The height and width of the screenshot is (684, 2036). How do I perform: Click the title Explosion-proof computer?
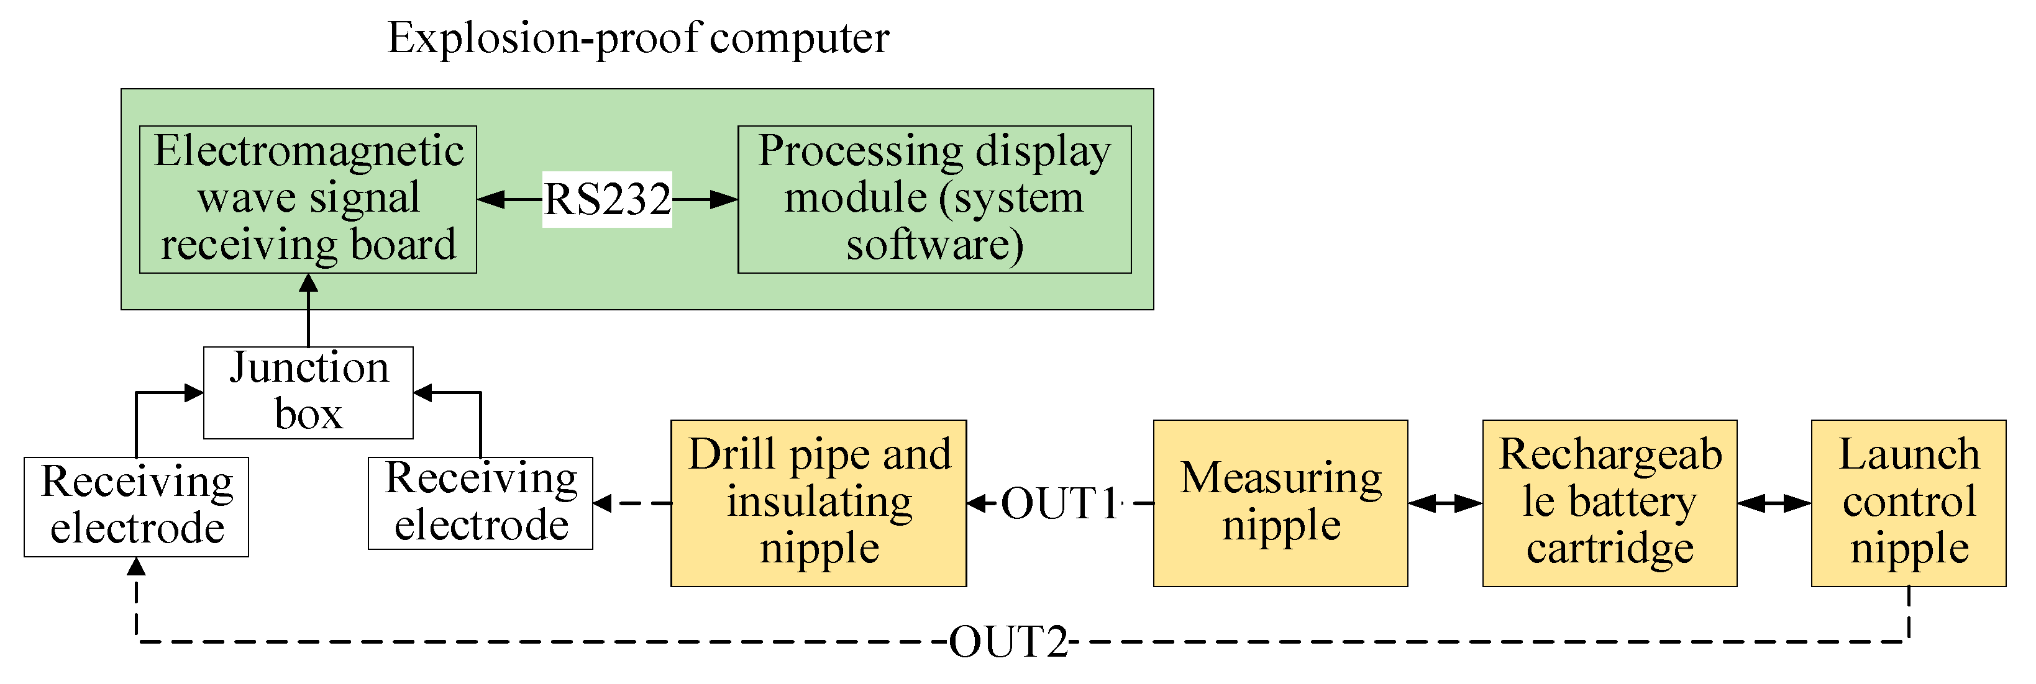coord(638,38)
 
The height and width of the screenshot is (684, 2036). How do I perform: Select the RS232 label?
coord(607,199)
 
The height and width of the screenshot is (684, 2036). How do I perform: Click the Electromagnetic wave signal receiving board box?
coord(308,199)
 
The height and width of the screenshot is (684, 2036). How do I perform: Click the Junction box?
coord(308,392)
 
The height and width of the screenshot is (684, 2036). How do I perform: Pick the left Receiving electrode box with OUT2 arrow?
coord(136,506)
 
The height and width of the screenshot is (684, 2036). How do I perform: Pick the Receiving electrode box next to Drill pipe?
coord(480,502)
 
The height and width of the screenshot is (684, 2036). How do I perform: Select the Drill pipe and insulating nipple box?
coord(818,502)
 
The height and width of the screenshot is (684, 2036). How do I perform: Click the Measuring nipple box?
coord(1280,502)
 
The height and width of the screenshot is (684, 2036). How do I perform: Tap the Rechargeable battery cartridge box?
coord(1609,502)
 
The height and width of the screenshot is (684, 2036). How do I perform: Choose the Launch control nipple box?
coord(1907,502)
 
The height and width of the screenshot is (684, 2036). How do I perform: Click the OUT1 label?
coord(1059,503)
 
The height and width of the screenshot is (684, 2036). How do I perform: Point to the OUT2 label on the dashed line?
coord(1008,641)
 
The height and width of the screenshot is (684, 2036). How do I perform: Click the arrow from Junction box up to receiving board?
coord(308,310)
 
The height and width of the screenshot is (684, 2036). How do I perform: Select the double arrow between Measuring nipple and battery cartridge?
coord(1444,503)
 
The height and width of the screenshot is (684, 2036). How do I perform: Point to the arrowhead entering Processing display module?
coord(723,199)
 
